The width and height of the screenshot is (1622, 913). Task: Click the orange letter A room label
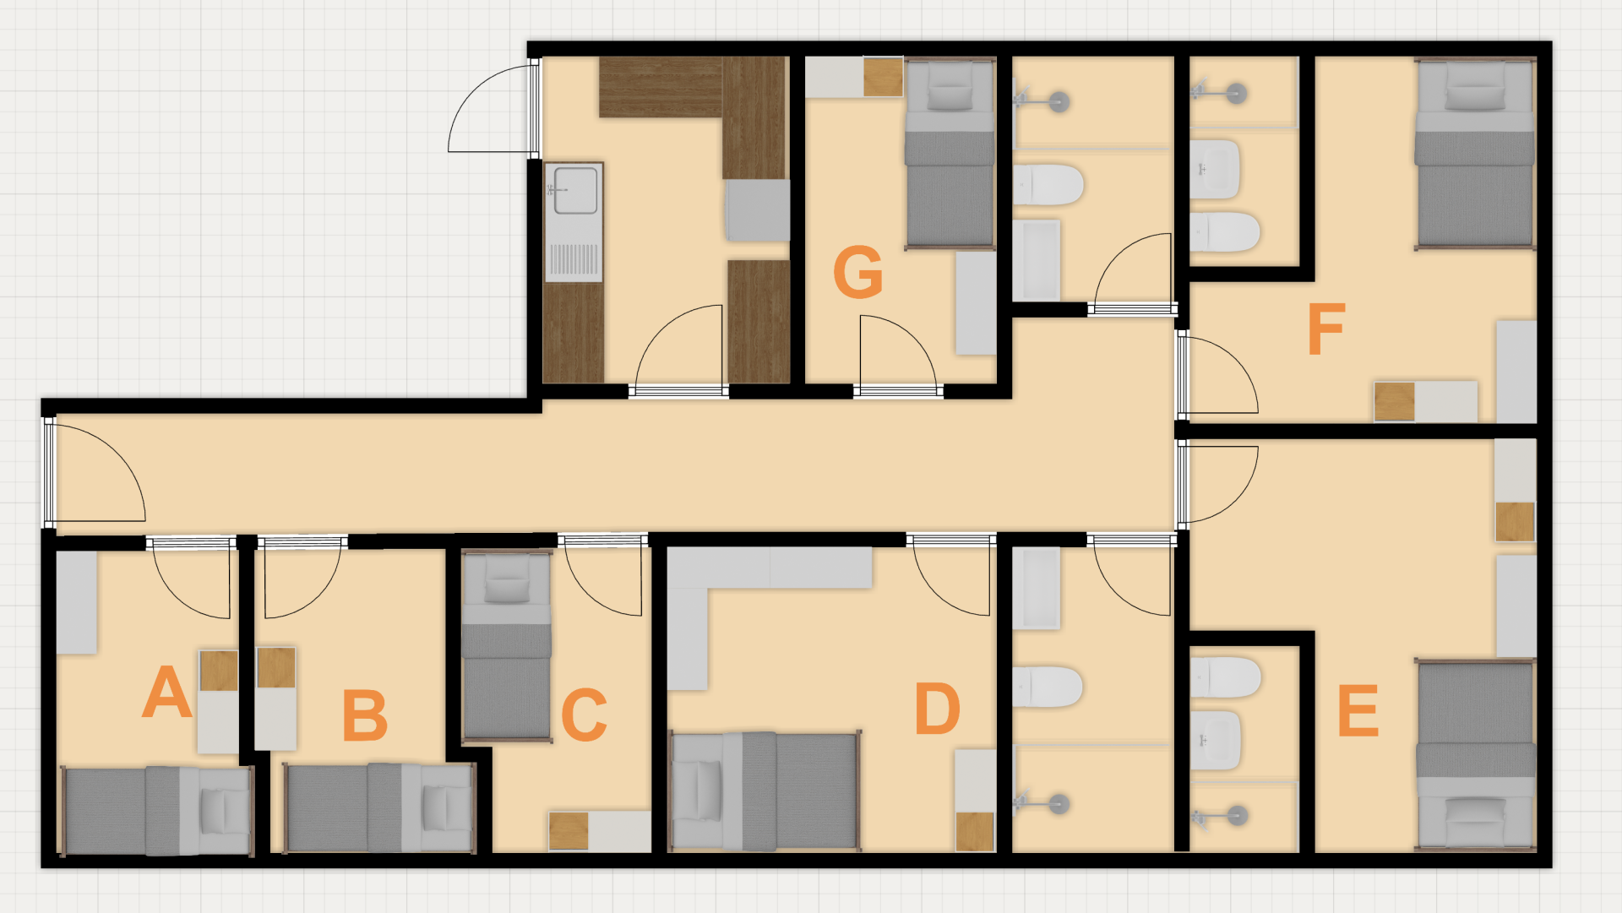click(166, 692)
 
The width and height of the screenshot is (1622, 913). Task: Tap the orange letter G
click(857, 271)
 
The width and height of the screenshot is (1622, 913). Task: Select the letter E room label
click(1358, 710)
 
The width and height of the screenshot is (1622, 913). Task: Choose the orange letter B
click(365, 715)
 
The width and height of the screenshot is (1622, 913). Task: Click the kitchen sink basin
click(575, 190)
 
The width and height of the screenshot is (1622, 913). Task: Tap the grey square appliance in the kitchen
click(758, 210)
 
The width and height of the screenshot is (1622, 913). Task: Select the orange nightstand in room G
click(883, 78)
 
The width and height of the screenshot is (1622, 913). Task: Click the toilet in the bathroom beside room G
click(1048, 184)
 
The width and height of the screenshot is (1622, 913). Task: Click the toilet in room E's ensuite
click(1225, 677)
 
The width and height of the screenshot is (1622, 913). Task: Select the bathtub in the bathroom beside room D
click(1036, 589)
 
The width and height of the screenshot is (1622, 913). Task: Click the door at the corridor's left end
click(95, 472)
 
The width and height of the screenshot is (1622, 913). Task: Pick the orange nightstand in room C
click(569, 831)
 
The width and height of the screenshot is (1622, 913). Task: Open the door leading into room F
click(1217, 375)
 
